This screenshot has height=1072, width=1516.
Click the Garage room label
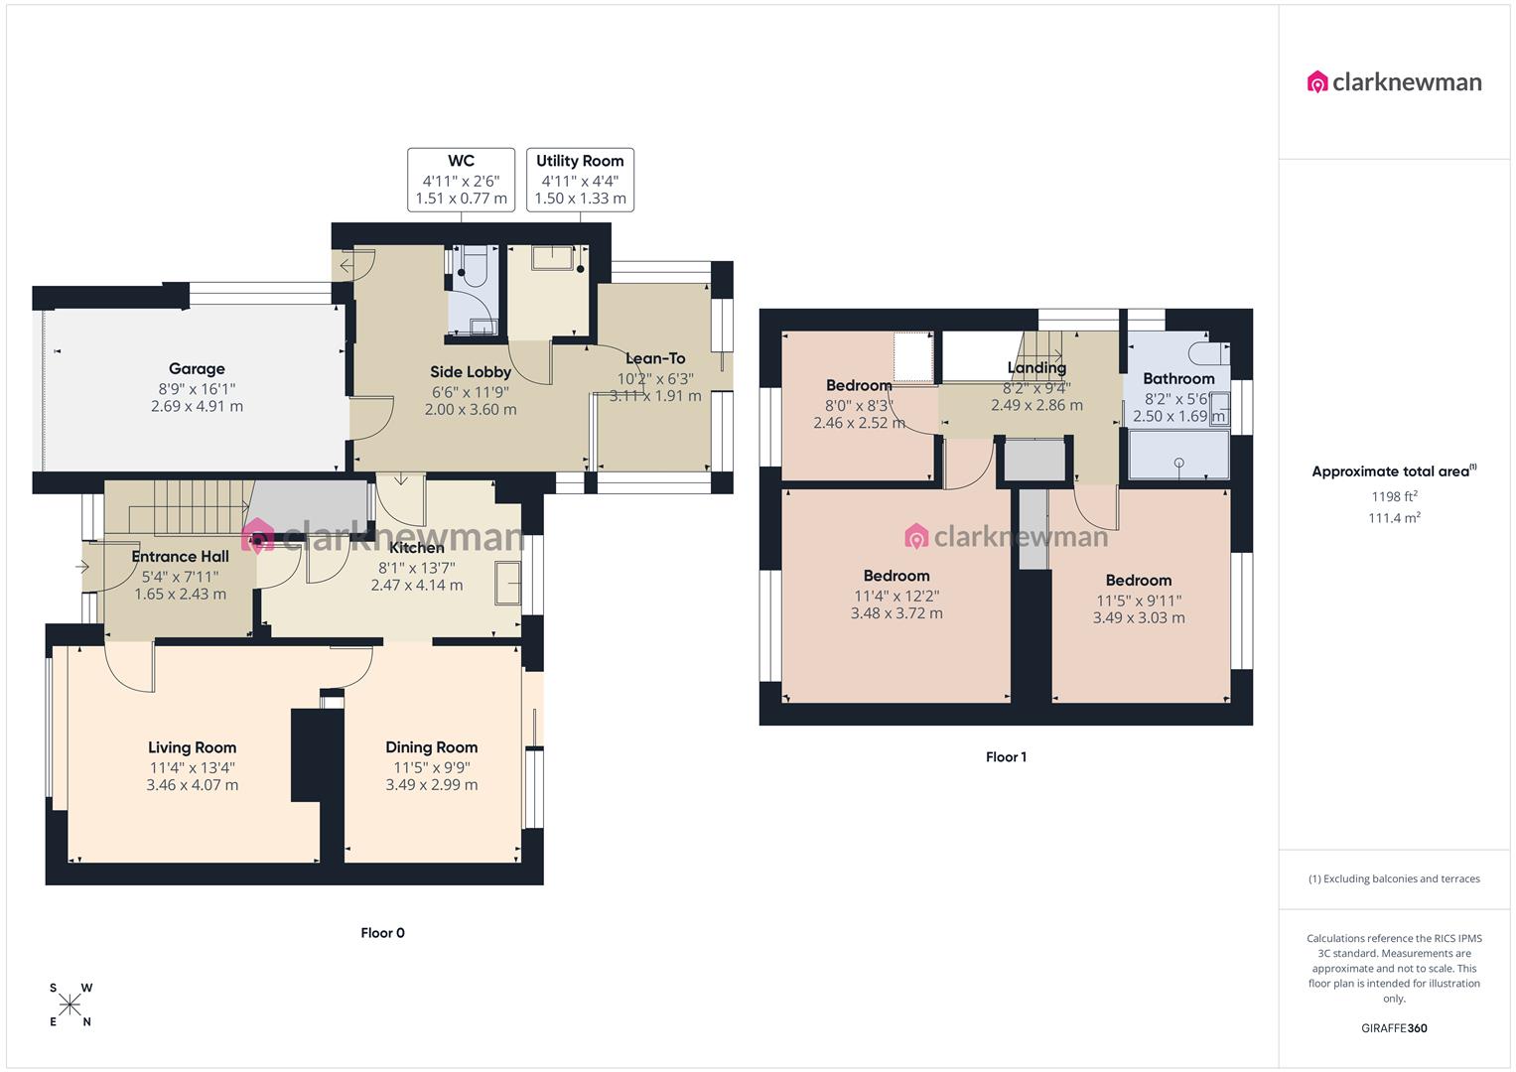pyautogui.click(x=197, y=369)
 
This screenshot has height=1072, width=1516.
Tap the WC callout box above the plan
pyautogui.click(x=461, y=180)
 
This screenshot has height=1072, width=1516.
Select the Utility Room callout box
pyautogui.click(x=580, y=180)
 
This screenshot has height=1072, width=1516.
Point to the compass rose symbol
pyautogui.click(x=70, y=1005)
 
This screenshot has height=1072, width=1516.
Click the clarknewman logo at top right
pyautogui.click(x=1394, y=82)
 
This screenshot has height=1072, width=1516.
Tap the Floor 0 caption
pyautogui.click(x=382, y=933)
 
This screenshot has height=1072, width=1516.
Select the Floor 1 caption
pyautogui.click(x=1006, y=757)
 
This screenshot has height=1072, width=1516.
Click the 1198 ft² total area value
pyautogui.click(x=1394, y=497)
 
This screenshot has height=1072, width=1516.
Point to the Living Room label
pyautogui.click(x=192, y=748)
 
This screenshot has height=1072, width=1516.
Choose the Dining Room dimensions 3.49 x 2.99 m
pyautogui.click(x=432, y=785)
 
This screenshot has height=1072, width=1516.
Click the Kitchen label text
pyautogui.click(x=417, y=548)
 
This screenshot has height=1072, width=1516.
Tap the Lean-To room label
pyautogui.click(x=655, y=358)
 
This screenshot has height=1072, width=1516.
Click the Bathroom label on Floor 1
pyautogui.click(x=1178, y=378)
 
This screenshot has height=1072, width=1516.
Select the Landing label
pyautogui.click(x=1036, y=368)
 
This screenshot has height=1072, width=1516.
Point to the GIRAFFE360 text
pyautogui.click(x=1394, y=1028)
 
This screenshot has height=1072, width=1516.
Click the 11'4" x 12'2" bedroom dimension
pyautogui.click(x=896, y=597)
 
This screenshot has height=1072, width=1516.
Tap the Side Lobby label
pyautogui.click(x=471, y=372)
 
